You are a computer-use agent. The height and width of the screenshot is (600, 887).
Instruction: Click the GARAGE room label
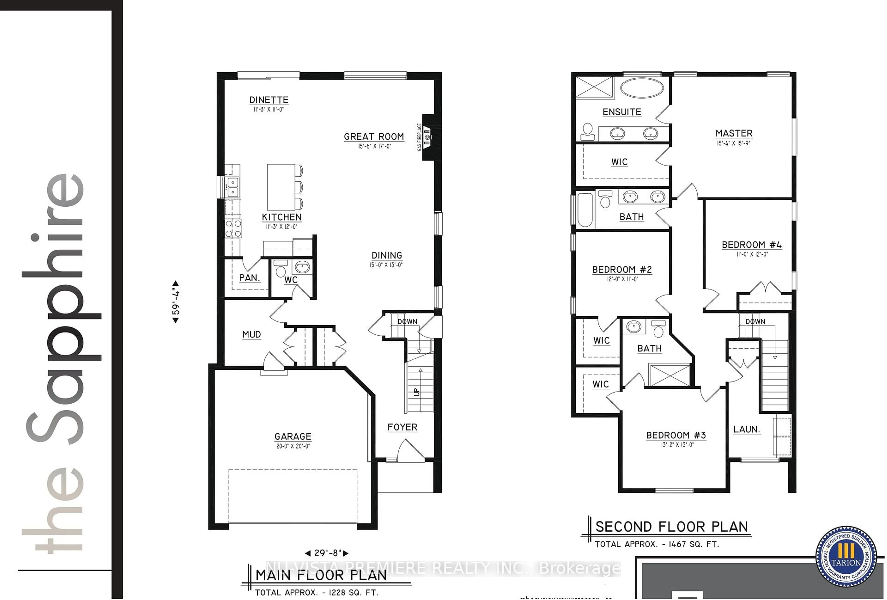click(293, 436)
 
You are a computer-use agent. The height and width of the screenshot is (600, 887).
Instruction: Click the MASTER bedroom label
click(734, 133)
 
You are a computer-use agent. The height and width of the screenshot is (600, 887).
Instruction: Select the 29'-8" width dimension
click(326, 553)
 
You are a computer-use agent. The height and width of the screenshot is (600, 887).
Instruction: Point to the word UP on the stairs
click(416, 392)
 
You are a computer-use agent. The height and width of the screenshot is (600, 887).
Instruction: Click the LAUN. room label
click(747, 429)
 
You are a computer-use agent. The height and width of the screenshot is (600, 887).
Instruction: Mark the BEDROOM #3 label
click(676, 435)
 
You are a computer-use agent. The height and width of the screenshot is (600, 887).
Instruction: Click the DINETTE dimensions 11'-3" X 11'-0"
click(269, 110)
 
